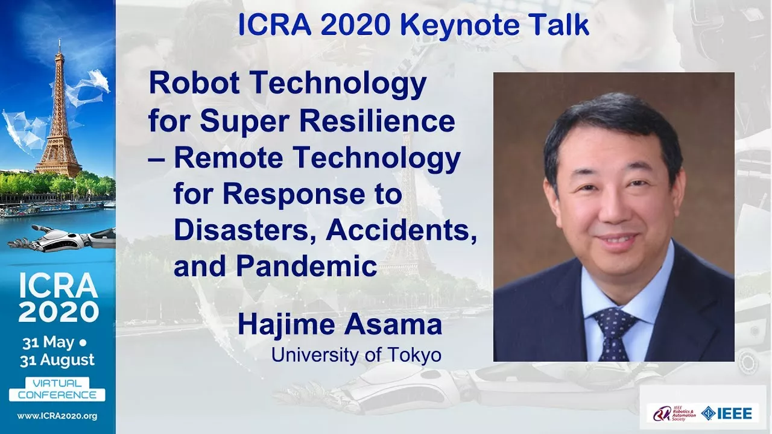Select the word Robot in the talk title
click(x=194, y=83)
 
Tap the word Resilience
click(x=378, y=121)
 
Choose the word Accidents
click(x=401, y=230)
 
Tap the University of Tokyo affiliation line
click(x=356, y=355)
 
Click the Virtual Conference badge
click(x=57, y=389)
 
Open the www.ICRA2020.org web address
click(x=57, y=416)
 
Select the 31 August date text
click(x=57, y=360)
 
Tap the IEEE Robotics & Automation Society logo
click(x=674, y=414)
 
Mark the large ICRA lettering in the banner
click(x=58, y=286)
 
